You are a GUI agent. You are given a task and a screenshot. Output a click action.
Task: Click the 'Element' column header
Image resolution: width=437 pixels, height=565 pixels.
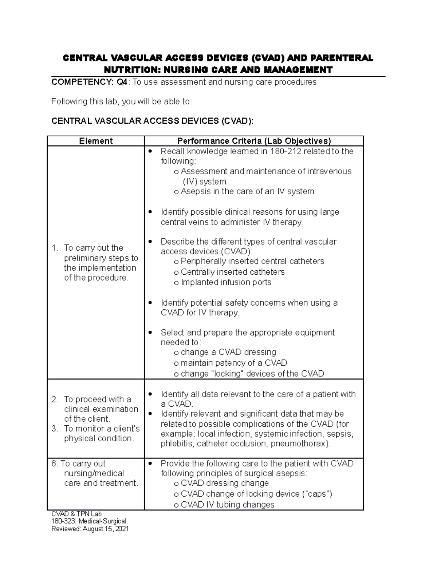(x=96, y=141)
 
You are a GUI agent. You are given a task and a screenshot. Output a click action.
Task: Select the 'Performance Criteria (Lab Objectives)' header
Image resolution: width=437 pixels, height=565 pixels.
(x=254, y=141)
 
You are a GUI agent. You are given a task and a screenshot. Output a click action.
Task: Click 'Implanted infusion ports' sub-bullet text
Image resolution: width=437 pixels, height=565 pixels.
(x=226, y=282)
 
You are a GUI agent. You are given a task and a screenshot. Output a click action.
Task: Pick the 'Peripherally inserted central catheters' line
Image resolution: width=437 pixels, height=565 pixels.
(x=252, y=261)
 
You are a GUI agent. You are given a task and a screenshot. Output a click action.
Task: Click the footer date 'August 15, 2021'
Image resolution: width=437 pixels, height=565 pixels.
(x=106, y=529)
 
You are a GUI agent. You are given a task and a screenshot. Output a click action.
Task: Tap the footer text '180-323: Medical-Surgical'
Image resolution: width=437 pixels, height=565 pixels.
(x=89, y=521)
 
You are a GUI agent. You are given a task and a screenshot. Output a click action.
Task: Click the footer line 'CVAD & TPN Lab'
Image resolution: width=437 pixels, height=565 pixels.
(x=76, y=514)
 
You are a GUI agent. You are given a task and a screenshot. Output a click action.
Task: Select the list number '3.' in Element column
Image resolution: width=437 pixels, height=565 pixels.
(x=55, y=429)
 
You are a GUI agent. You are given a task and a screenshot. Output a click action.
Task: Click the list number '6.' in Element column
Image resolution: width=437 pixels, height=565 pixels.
(x=55, y=463)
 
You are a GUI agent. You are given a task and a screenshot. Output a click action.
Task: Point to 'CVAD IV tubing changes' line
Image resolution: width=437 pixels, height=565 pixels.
(x=227, y=505)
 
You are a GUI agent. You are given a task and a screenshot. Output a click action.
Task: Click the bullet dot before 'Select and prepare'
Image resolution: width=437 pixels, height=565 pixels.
(x=150, y=333)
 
